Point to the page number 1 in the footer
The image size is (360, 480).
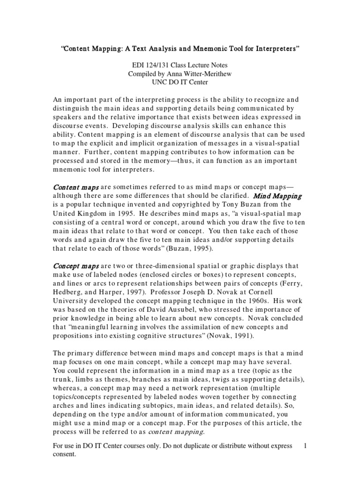[305, 446]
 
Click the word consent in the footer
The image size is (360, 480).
[64, 455]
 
